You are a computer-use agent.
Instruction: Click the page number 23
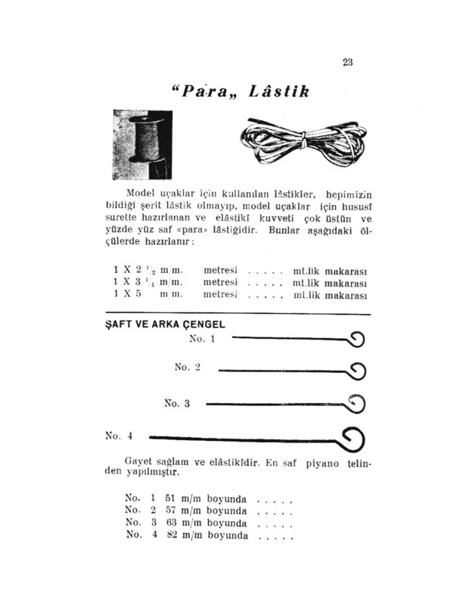(347, 63)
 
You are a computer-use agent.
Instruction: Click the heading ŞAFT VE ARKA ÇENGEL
(163, 324)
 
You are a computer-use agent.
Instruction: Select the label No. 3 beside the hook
(177, 403)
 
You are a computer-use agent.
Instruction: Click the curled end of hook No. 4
(353, 439)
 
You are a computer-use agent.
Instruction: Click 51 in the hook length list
(170, 499)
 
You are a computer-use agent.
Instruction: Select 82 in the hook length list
(170, 535)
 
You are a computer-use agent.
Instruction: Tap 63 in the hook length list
(170, 523)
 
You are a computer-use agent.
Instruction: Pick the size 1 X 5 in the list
(129, 294)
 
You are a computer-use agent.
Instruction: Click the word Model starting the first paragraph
(140, 193)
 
